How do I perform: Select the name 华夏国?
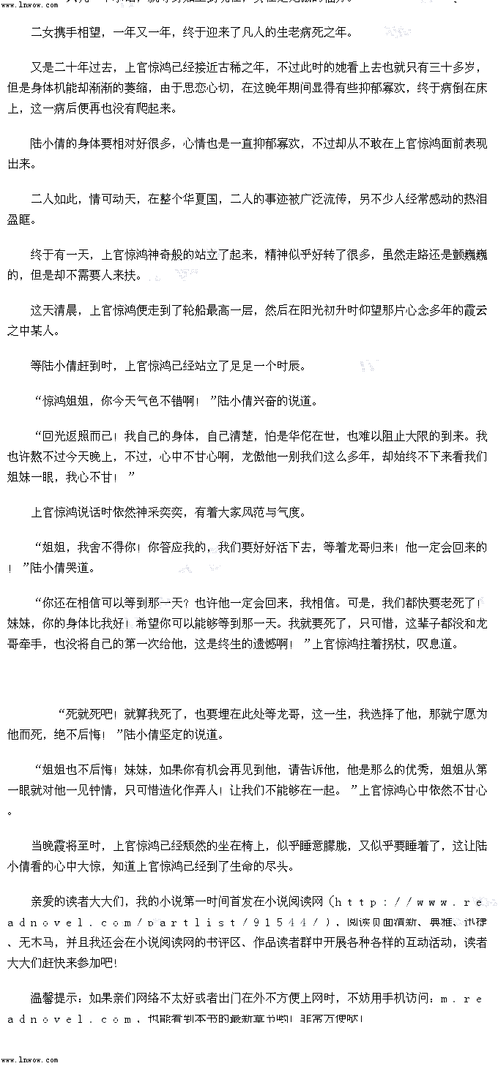click(203, 199)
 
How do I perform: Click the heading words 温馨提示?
click(57, 999)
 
